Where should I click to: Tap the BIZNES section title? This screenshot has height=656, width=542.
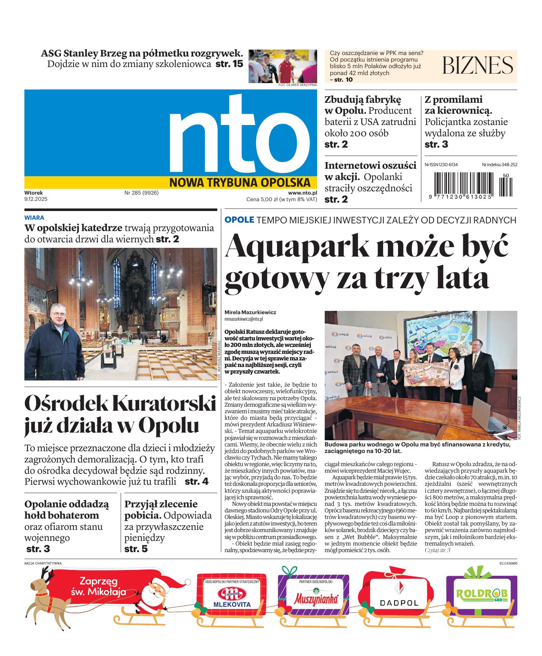(x=478, y=66)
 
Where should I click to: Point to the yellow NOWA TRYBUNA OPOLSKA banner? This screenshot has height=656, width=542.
(x=240, y=182)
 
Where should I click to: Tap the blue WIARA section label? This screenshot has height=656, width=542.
(x=34, y=218)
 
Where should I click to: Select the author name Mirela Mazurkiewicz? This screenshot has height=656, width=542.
(x=250, y=312)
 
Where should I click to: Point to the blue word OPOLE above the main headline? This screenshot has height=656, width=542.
(x=239, y=220)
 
